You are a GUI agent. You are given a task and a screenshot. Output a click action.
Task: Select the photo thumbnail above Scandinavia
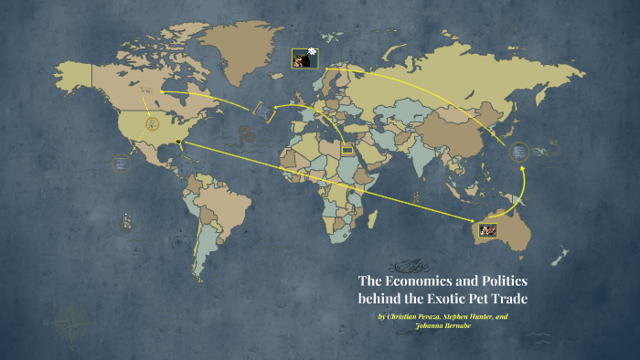(x=302, y=58)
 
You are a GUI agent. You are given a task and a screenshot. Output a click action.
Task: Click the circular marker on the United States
(x=152, y=122)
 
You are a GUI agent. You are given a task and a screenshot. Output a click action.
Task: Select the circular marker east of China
(x=519, y=152)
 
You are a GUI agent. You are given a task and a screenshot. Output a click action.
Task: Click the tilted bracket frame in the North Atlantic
(x=262, y=110)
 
